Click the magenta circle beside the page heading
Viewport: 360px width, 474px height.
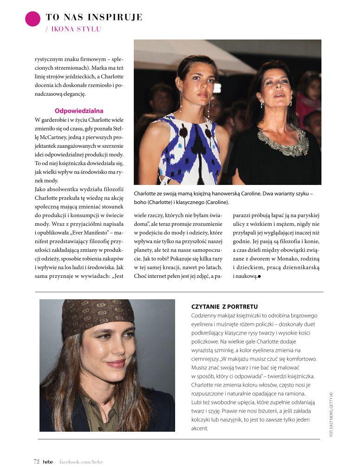(x=33, y=19)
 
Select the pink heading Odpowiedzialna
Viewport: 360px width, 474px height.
(x=79, y=111)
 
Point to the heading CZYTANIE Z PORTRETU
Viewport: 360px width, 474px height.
(x=224, y=307)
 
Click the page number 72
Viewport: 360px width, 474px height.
(x=36, y=461)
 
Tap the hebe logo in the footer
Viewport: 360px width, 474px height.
(x=48, y=461)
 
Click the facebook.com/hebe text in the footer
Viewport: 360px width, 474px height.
(x=81, y=461)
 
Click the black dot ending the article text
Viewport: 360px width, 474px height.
(x=259, y=276)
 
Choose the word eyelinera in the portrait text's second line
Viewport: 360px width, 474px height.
(x=205, y=324)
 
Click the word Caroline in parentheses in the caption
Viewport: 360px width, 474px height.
(x=216, y=203)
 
